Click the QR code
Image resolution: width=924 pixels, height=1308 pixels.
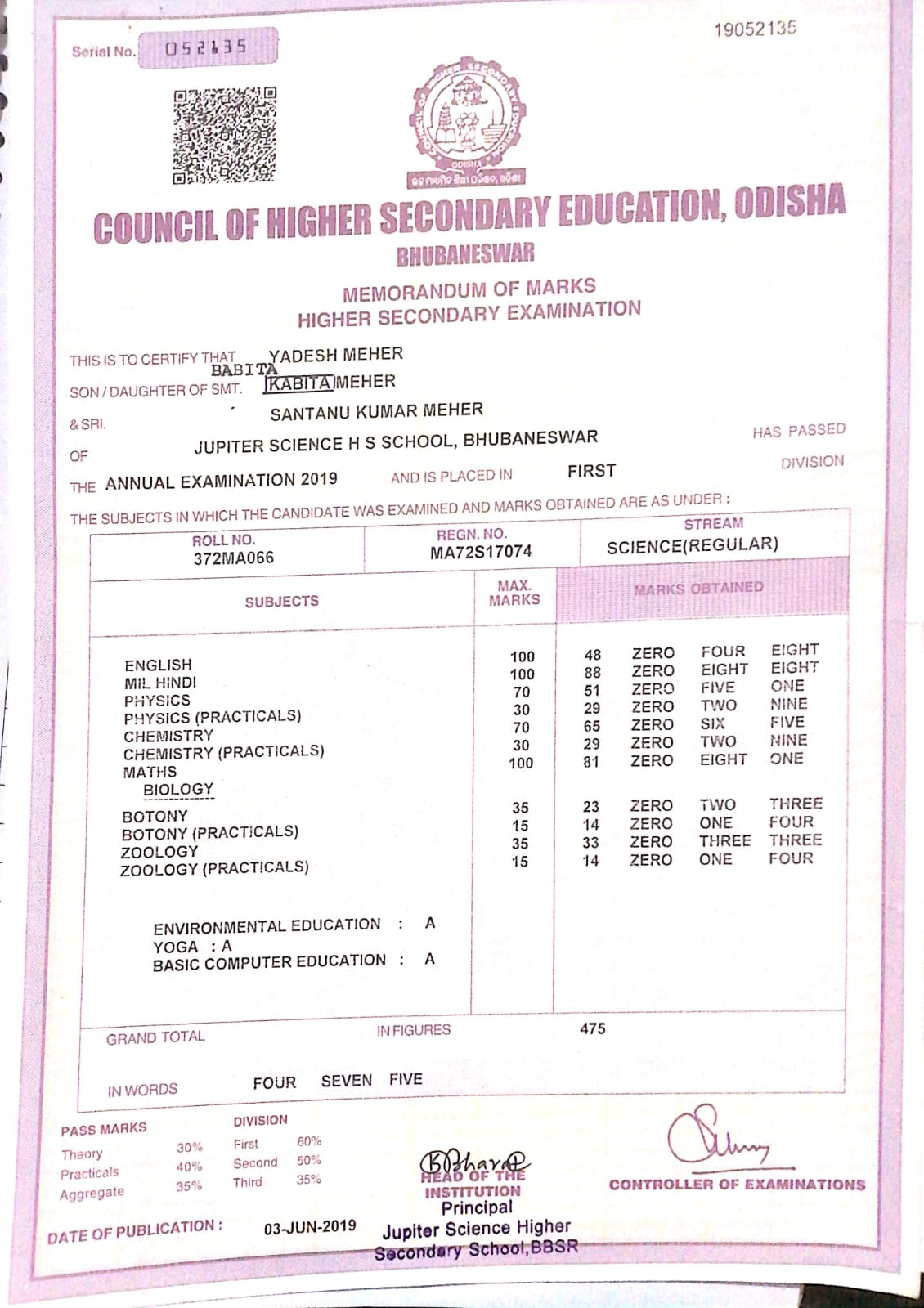(x=224, y=135)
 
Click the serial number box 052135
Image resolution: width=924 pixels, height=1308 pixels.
(x=207, y=47)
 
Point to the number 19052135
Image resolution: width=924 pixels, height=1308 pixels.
(x=754, y=29)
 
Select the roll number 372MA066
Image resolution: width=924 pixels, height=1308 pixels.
(x=234, y=558)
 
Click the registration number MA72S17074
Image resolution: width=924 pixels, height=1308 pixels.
(x=481, y=552)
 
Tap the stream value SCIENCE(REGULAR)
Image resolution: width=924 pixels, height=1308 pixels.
(x=692, y=545)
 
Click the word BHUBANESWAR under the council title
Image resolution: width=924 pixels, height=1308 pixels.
(x=465, y=254)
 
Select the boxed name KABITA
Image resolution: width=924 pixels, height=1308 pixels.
(x=299, y=383)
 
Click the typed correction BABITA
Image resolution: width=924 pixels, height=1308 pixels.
(x=244, y=370)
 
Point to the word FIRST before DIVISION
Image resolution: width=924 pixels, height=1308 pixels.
(x=591, y=471)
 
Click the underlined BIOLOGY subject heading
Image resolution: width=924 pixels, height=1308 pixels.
(x=178, y=790)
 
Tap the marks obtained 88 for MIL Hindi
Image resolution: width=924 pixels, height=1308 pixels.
(x=592, y=672)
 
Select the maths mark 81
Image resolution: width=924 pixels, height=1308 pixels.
(x=591, y=762)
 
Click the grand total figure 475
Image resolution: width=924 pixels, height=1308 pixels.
(x=593, y=1028)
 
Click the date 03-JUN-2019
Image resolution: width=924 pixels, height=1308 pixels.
(x=310, y=1226)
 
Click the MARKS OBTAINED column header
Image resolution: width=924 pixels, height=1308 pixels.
(x=697, y=588)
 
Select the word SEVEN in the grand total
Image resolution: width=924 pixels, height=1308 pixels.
(x=346, y=1081)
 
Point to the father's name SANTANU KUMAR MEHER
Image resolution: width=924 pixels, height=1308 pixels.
(x=376, y=411)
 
